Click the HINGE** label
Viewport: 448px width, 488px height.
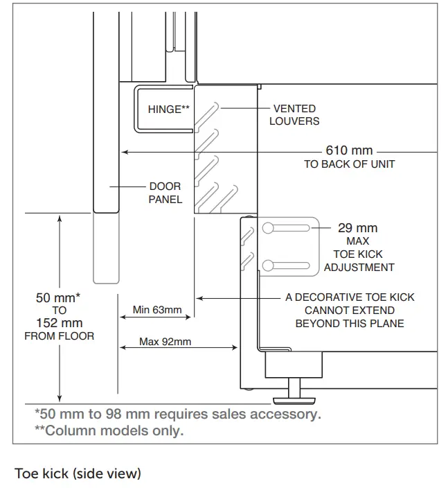(168, 109)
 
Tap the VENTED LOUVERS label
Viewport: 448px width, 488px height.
(294, 114)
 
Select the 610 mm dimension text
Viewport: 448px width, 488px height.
(349, 150)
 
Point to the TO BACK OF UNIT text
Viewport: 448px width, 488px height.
(349, 164)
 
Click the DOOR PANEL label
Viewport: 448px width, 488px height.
(165, 193)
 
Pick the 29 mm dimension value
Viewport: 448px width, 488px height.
(357, 228)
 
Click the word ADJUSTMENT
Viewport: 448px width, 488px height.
(359, 268)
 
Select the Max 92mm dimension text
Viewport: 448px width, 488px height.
(165, 341)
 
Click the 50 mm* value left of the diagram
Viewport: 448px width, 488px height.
(58, 298)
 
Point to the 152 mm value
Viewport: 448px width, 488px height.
(59, 323)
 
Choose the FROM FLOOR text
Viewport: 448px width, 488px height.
(59, 336)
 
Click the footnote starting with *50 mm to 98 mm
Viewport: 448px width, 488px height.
(177, 415)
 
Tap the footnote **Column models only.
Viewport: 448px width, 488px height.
(109, 430)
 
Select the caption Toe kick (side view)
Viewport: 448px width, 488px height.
(78, 473)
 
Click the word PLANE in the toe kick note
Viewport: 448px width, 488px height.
(389, 323)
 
